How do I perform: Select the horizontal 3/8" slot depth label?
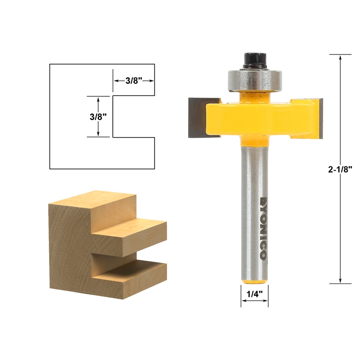134,81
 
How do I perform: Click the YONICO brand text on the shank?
263,229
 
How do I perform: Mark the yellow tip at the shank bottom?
254,281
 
